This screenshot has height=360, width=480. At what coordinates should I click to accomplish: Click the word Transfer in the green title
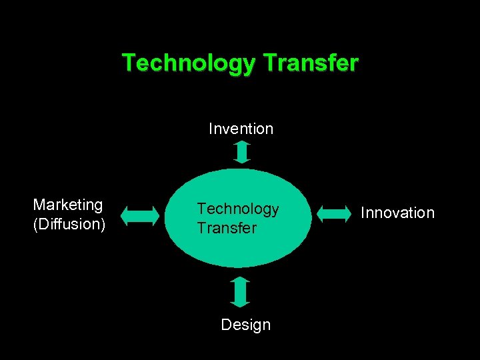(311, 63)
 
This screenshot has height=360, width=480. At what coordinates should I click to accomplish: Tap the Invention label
(241, 129)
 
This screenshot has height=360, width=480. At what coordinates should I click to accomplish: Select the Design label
(245, 325)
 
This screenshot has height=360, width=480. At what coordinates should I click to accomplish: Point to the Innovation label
(397, 213)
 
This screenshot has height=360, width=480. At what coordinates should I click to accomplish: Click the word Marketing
(68, 205)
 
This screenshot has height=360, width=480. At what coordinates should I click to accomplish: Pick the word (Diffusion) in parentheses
(69, 223)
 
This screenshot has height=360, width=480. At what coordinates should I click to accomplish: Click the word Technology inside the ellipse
(238, 209)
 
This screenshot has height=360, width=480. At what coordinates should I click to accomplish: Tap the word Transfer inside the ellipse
(226, 228)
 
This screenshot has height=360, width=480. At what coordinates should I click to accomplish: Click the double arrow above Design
(241, 292)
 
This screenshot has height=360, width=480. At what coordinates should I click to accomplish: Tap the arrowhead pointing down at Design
(241, 302)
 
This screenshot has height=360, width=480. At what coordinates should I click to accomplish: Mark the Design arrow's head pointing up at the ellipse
(241, 282)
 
